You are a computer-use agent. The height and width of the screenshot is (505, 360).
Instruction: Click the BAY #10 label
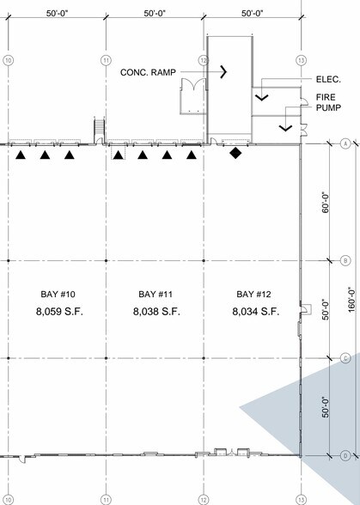(58, 294)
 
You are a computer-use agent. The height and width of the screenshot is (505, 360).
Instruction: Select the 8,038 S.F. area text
(156, 312)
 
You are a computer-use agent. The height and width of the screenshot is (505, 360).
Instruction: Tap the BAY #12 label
(253, 294)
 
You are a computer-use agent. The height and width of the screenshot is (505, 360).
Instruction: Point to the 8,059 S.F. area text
(59, 312)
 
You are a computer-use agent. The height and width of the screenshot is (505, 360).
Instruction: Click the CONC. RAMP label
(148, 72)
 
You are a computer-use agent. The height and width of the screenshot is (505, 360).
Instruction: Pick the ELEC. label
(328, 80)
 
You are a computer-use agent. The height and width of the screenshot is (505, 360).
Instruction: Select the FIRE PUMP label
(328, 102)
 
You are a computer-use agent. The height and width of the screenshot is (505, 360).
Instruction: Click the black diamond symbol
(235, 153)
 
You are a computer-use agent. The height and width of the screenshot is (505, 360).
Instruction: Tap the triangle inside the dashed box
(119, 155)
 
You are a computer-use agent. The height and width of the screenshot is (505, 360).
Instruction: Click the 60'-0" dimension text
(326, 203)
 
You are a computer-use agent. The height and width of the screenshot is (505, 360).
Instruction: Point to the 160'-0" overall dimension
(351, 299)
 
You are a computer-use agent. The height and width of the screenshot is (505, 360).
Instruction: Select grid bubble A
(345, 143)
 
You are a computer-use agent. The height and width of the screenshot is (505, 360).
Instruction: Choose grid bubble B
(345, 260)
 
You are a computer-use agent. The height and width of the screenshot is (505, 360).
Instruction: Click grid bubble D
(345, 456)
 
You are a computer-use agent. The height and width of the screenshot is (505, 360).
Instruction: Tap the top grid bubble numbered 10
(9, 60)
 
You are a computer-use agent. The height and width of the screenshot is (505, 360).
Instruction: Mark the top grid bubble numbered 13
(301, 60)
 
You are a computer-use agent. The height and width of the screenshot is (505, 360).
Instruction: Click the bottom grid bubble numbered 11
(106, 500)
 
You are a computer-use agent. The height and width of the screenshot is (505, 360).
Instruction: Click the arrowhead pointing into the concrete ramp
(223, 71)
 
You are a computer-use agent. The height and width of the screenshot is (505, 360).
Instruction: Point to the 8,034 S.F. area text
(256, 312)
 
